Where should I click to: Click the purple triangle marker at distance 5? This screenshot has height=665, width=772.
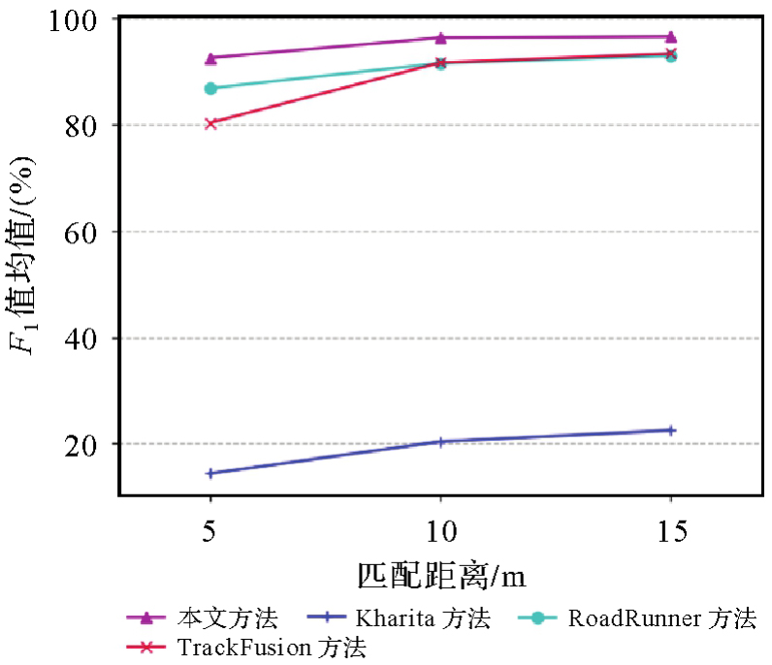[x=210, y=58]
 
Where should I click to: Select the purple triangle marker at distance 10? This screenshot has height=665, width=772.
[x=440, y=38]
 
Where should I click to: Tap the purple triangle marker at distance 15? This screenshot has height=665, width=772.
[x=670, y=37]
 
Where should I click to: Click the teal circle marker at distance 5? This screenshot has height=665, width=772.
[x=210, y=88]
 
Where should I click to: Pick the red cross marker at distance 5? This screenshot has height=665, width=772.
[x=210, y=123]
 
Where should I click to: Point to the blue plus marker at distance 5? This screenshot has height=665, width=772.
[x=210, y=473]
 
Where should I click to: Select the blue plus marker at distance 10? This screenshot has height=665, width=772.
[x=440, y=442]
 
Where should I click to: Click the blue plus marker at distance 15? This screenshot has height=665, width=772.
[x=670, y=429]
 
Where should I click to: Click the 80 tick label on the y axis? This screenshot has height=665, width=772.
[x=81, y=125]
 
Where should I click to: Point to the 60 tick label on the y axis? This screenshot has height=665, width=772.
[x=81, y=232]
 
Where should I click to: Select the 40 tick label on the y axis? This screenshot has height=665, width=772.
[x=81, y=338]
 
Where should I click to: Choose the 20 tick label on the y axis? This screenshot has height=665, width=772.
[x=81, y=444]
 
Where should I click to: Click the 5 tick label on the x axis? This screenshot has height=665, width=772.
[x=210, y=531]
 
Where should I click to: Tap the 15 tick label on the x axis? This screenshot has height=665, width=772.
[x=670, y=531]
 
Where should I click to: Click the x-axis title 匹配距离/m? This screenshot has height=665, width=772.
[x=440, y=575]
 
